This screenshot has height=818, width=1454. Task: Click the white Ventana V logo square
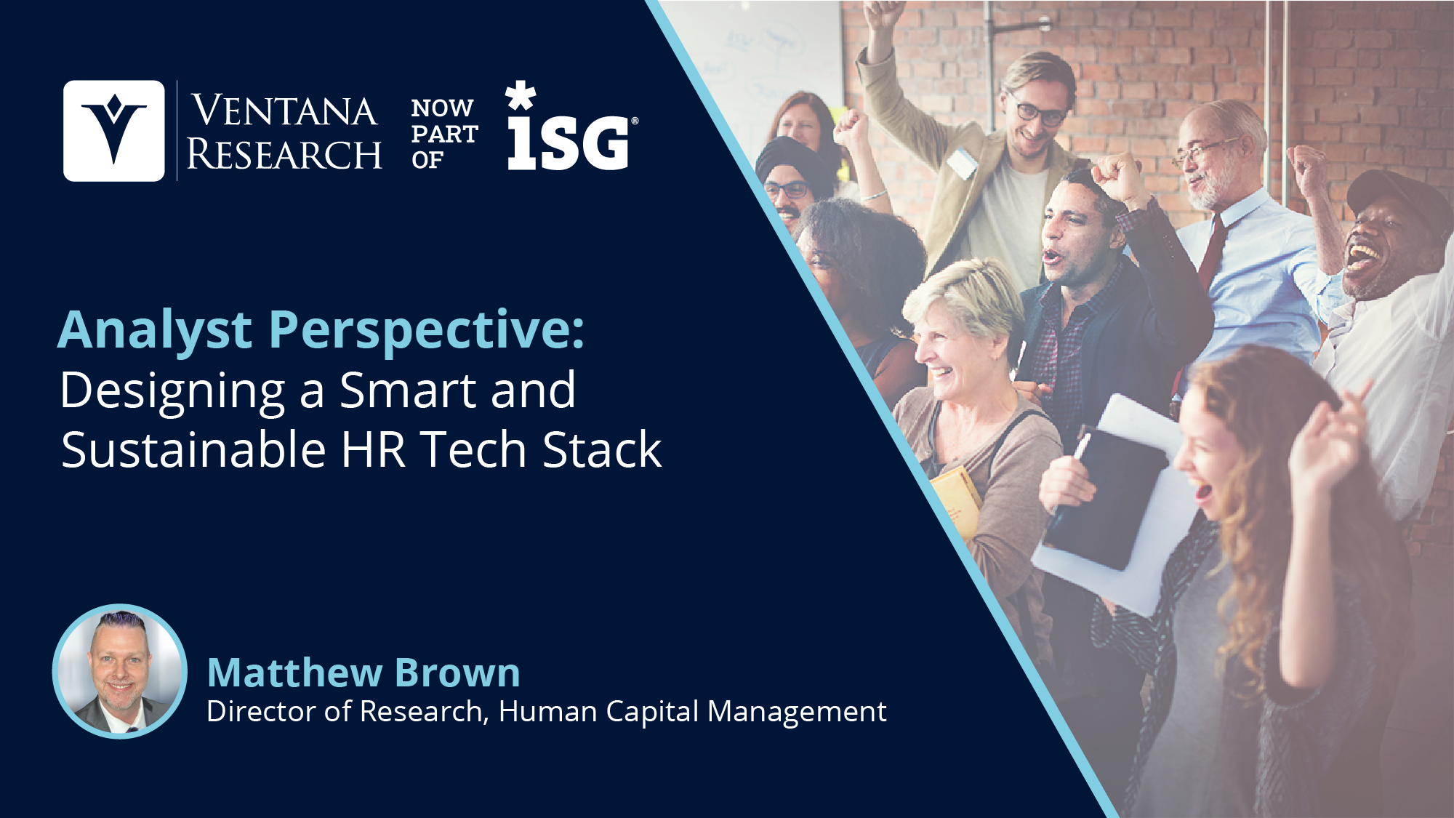click(x=114, y=131)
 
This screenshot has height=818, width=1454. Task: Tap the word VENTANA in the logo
click(x=284, y=111)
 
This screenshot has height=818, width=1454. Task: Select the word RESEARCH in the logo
click(x=284, y=154)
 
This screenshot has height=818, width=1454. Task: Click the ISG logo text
click(x=569, y=143)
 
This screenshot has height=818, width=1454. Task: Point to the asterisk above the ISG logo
click(x=521, y=96)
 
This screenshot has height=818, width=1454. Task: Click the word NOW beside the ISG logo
click(x=442, y=108)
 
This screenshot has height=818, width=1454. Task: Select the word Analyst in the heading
click(x=155, y=331)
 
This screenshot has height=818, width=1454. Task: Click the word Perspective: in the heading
click(x=427, y=331)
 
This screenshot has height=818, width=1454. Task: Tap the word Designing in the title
click(x=173, y=391)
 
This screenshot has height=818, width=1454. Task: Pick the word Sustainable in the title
click(x=193, y=449)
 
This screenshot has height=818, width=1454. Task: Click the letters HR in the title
click(x=373, y=449)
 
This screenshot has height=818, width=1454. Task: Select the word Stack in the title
click(x=602, y=449)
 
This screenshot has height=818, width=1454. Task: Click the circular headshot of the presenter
click(x=120, y=671)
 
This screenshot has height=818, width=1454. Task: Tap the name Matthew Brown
click(x=363, y=673)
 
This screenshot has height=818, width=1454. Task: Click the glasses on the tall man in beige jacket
click(x=1037, y=110)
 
